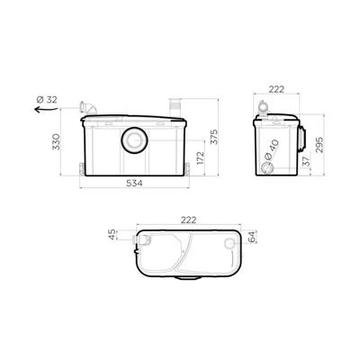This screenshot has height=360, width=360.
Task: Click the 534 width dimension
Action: click(134, 183)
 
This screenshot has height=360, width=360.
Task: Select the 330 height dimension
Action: click(57, 142)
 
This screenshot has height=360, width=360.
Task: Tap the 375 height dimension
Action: click(214, 137)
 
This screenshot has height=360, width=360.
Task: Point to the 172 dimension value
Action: click(200, 157)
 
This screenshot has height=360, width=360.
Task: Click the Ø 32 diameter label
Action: click(47, 100)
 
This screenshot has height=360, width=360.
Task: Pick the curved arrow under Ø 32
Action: click(46, 109)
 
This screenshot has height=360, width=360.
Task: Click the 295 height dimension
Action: click(319, 145)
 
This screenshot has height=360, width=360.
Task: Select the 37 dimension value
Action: click(305, 162)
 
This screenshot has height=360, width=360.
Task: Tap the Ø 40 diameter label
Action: click(271, 149)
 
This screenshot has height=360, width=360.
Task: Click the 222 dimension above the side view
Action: click(276, 89)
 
